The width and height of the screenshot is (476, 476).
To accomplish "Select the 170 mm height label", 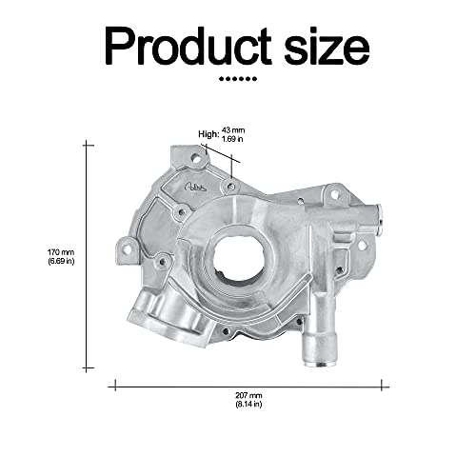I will (61, 251).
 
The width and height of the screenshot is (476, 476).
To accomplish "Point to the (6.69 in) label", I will (61, 261).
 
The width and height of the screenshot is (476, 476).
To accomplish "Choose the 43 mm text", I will (232, 130).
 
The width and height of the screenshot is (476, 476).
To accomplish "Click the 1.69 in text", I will (232, 140).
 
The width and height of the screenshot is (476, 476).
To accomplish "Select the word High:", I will (207, 134).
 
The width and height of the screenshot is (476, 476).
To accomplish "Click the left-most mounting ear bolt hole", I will (124, 248).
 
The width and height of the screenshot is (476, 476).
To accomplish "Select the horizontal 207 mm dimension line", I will (248, 386).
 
